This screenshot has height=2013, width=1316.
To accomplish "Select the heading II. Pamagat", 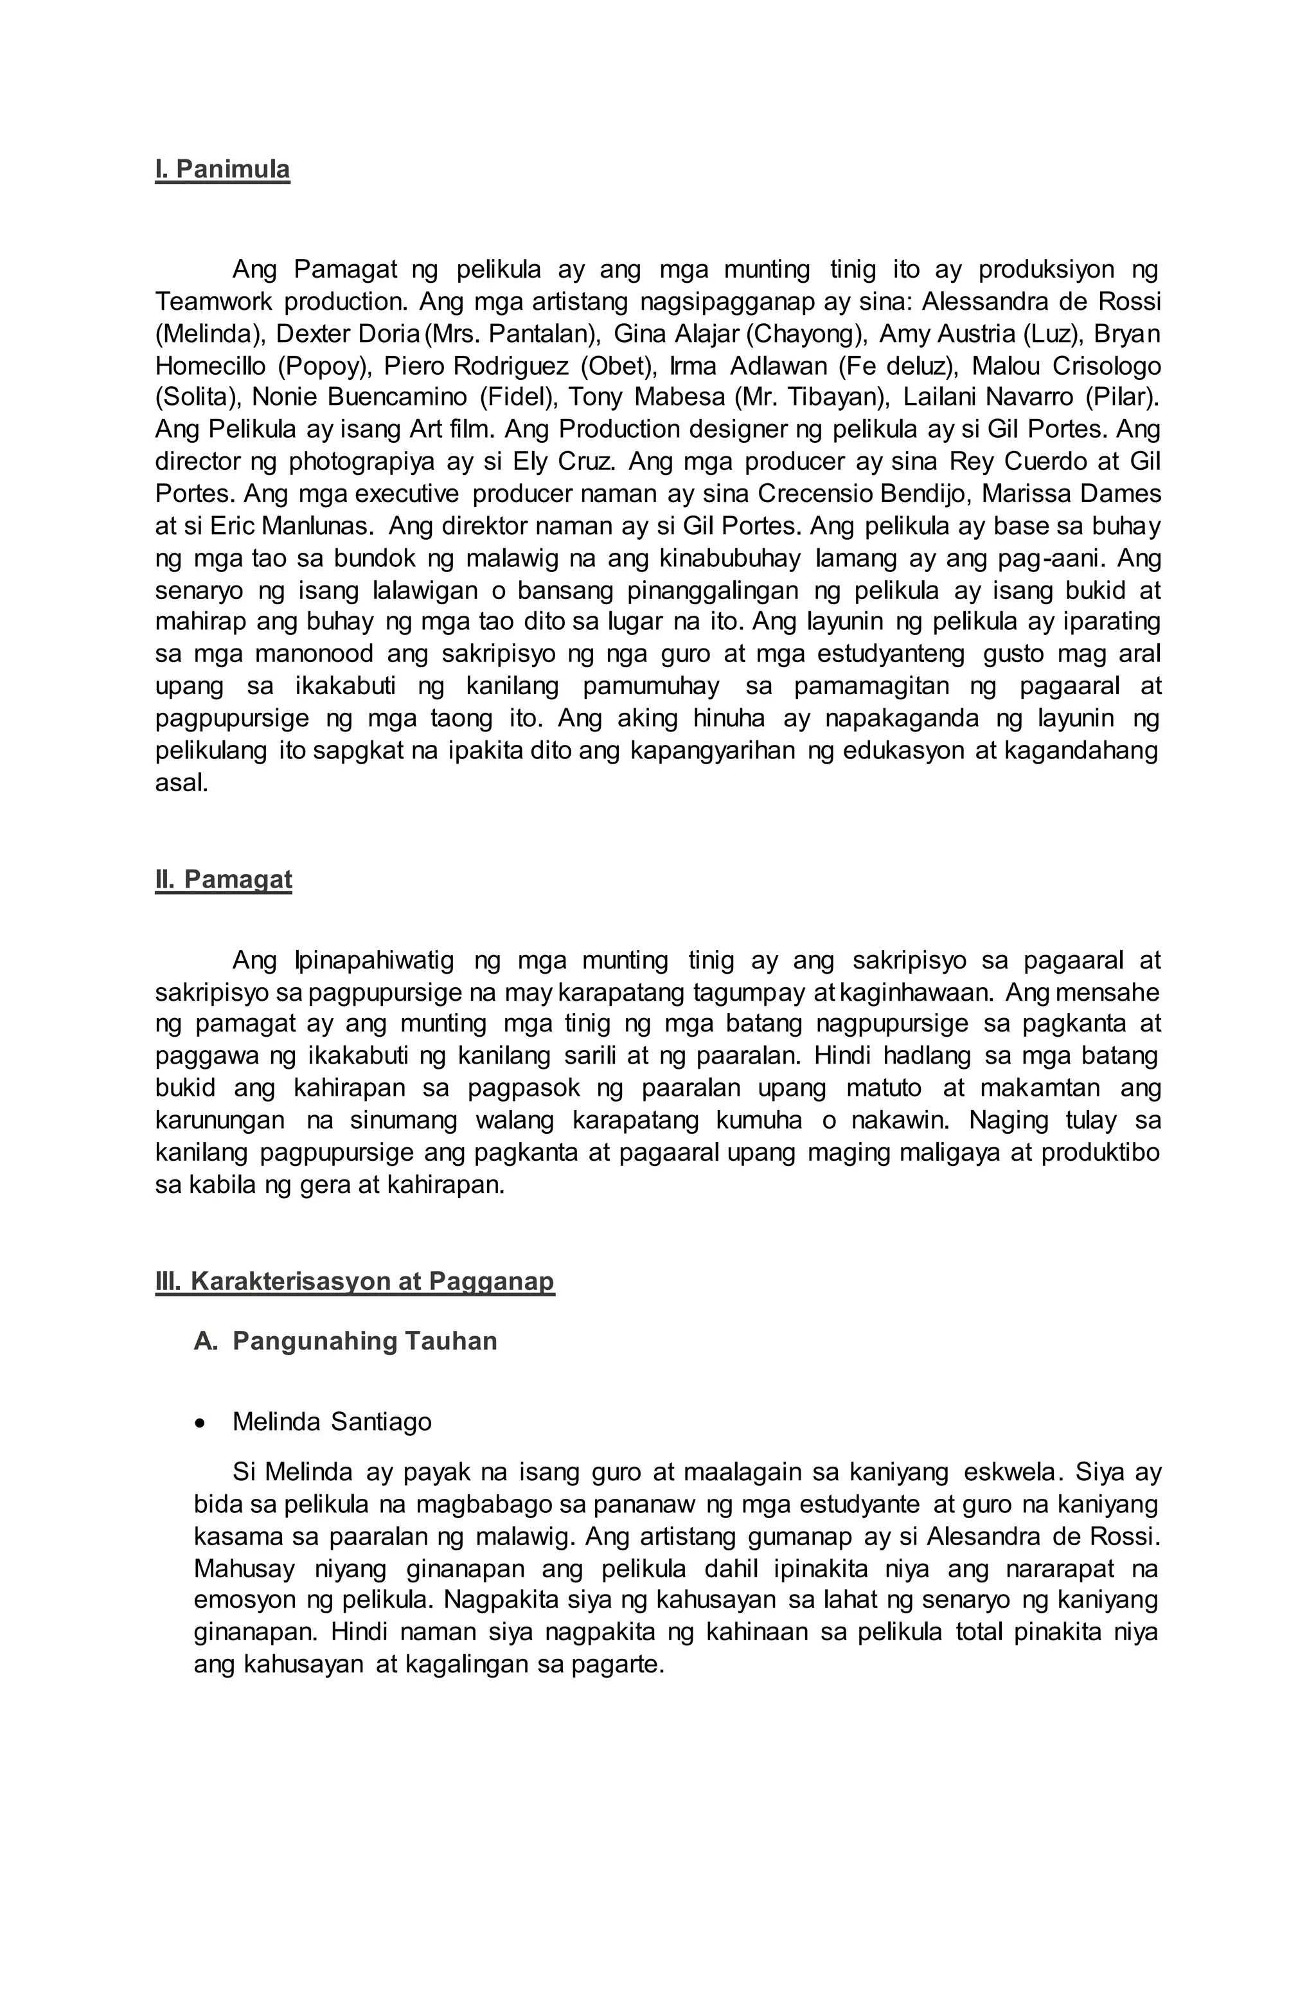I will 223,880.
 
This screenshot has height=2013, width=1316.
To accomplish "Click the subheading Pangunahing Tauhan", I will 364,1341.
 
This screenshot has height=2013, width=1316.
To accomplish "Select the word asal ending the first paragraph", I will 181,783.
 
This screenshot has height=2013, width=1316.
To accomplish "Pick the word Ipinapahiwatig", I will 374,961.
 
